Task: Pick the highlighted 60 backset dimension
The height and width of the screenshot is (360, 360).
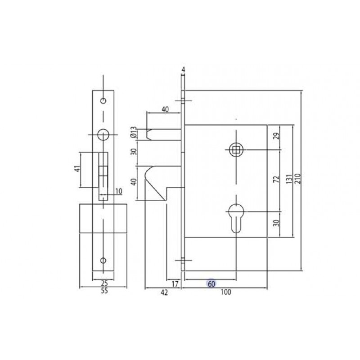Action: click(211, 284)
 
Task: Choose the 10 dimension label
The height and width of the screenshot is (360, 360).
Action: click(118, 191)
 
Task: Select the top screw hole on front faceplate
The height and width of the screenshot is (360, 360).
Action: click(103, 99)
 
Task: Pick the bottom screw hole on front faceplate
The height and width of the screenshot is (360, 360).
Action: click(103, 261)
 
